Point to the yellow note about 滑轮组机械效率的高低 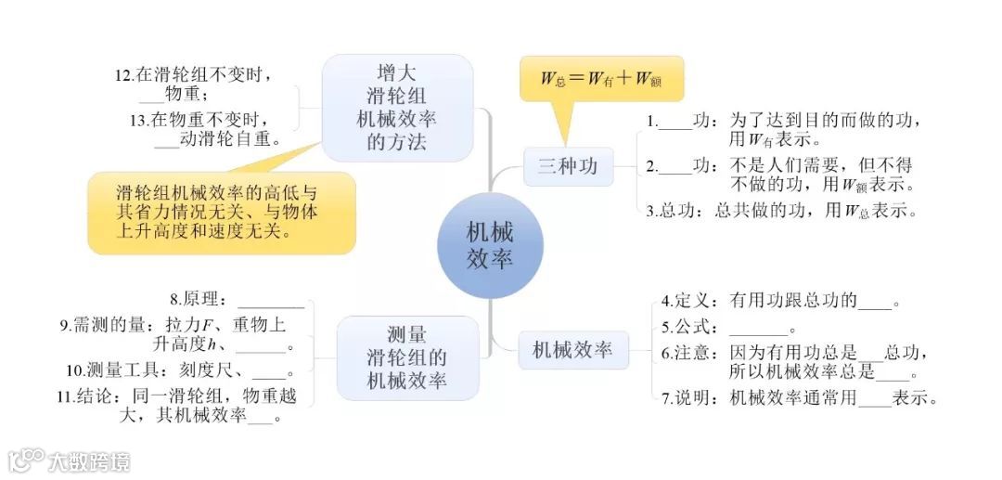[221, 212]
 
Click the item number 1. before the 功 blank [652, 121]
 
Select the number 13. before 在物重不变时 [139, 120]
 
